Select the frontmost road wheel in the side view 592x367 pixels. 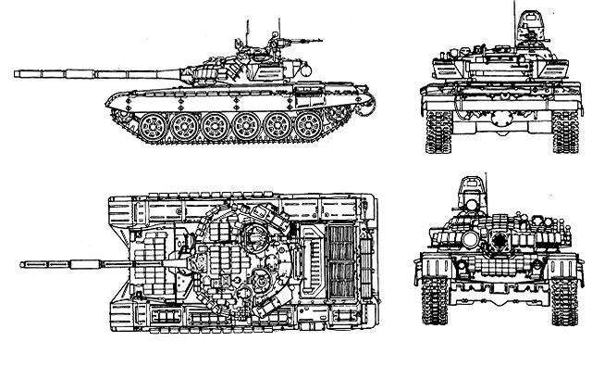pyautogui.click(x=154, y=125)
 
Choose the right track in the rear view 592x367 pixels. pyautogui.click(x=565, y=130)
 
